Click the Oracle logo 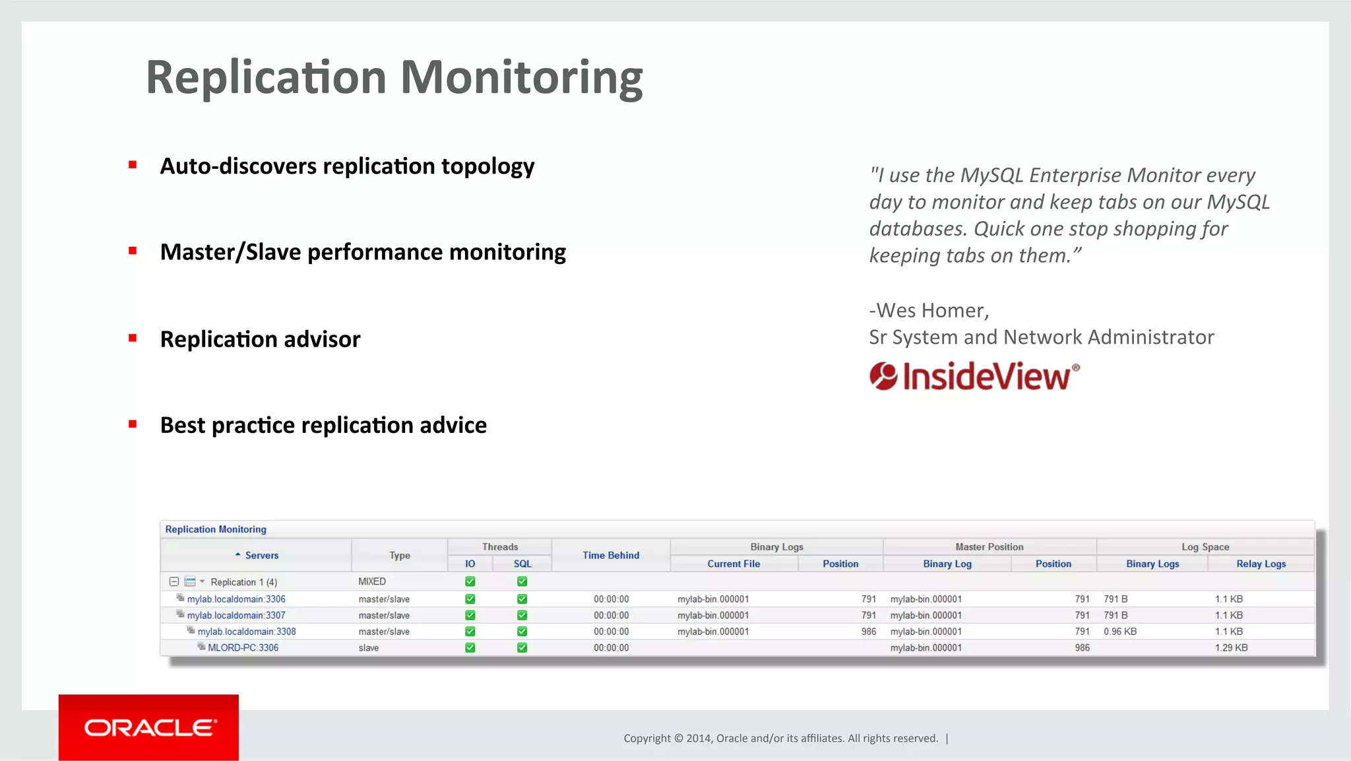coord(149,727)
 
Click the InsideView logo coord(974,376)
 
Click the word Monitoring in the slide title coord(521,78)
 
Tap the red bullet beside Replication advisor coord(133,338)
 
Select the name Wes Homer coord(930,310)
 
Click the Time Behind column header coord(610,555)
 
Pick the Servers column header coord(261,555)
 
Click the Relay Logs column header coord(1261,564)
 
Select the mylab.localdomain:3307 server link coord(236,615)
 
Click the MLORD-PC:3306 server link coord(243,647)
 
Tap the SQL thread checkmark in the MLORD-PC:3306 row coord(522,647)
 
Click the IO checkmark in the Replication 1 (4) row coord(470,581)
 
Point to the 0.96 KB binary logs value coord(1119,632)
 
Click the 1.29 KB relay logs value coord(1231,647)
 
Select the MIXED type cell coord(372,581)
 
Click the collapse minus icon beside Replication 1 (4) coord(174,581)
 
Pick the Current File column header coord(733,564)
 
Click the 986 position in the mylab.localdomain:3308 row coord(868,632)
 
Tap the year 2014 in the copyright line coord(698,738)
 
